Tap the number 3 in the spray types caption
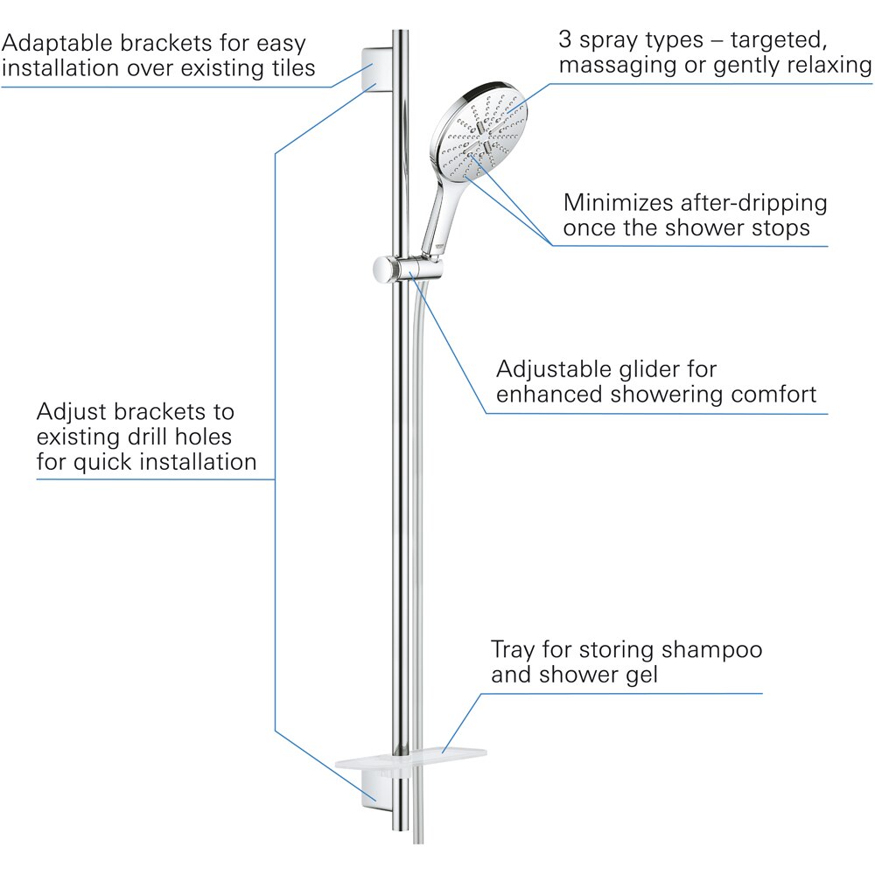(566, 39)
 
